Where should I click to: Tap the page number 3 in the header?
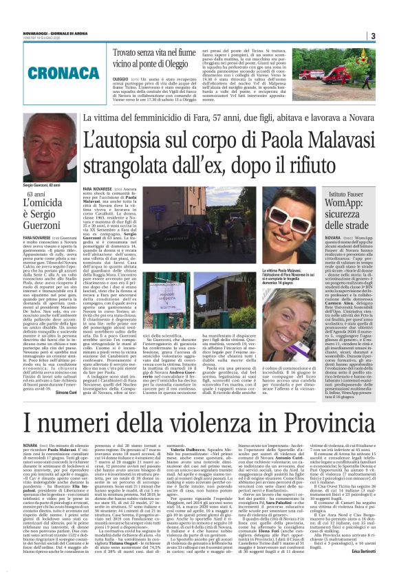pyautogui.click(x=373, y=36)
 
